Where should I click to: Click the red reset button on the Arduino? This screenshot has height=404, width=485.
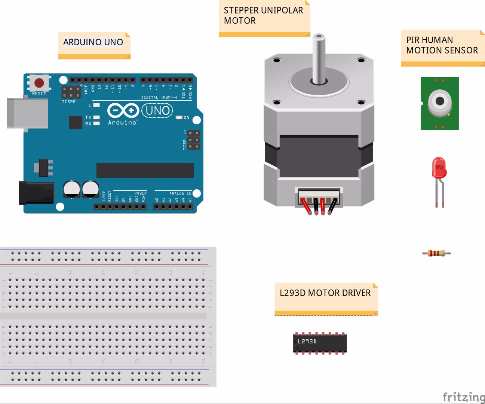tap(39, 83)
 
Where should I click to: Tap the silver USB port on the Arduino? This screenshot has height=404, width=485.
tap(27, 113)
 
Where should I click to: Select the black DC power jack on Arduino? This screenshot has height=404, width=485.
tap(36, 193)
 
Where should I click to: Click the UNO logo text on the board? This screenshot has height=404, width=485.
tap(157, 111)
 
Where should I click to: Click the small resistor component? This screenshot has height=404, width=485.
tap(436, 253)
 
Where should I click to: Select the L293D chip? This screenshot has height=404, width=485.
tap(320, 343)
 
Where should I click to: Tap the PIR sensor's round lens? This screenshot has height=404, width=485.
tap(440, 101)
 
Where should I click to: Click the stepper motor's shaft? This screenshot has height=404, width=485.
tap(319, 58)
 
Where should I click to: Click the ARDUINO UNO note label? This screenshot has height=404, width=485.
tap(93, 42)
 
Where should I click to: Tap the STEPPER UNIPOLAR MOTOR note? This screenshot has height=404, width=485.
tap(263, 16)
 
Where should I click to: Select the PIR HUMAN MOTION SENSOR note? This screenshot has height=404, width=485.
tap(442, 45)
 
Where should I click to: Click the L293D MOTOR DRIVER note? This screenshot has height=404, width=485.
tap(325, 293)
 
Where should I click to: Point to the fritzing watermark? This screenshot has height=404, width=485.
tap(463, 397)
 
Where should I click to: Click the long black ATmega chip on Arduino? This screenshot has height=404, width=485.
tap(145, 170)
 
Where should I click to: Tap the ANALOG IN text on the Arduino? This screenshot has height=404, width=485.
tap(180, 193)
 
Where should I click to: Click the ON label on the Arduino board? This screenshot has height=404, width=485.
tap(187, 117)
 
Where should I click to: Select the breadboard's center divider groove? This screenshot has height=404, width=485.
tap(104, 316)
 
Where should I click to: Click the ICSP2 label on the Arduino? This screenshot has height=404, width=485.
tap(68, 102)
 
